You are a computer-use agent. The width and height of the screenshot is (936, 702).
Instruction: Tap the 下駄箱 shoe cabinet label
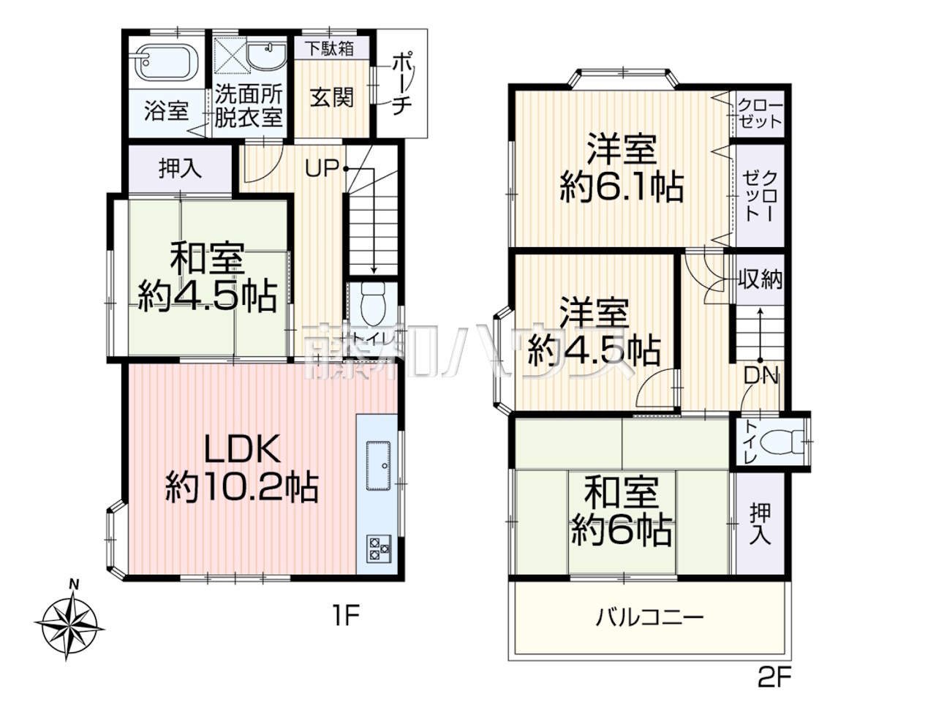point(331,48)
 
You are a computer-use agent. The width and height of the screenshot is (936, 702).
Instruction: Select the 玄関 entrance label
point(332,97)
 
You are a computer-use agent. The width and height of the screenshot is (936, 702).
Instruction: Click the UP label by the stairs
point(322,168)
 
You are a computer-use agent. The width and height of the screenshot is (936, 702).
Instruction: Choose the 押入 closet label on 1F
point(180,168)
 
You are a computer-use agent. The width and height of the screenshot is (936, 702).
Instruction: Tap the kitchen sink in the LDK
point(378,467)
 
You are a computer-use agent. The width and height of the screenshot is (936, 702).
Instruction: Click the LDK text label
point(242,449)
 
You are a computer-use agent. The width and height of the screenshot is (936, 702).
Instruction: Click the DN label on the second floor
point(761,376)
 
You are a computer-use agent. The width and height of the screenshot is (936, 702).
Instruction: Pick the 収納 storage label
point(760,279)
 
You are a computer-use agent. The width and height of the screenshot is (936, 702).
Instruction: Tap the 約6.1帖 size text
point(622,187)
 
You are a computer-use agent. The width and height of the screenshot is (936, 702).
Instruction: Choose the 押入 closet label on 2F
point(760,524)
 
